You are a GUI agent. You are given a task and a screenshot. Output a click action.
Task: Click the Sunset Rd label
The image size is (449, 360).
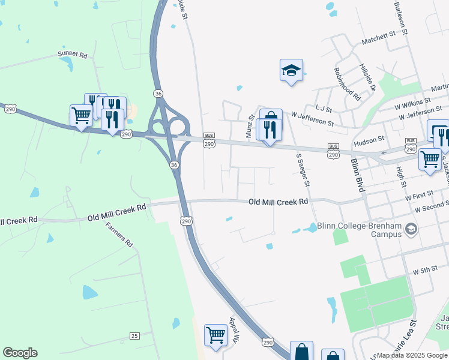[72, 54]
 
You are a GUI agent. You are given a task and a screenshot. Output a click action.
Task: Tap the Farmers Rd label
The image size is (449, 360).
[119, 235]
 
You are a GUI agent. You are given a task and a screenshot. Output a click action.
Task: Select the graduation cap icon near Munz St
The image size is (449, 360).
[291, 71]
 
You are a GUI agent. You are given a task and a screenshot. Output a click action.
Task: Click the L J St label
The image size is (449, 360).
[324, 109]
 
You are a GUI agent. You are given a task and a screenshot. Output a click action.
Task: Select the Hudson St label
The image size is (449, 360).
[369, 139]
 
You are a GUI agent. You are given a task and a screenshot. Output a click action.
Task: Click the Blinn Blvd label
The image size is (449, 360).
[357, 175]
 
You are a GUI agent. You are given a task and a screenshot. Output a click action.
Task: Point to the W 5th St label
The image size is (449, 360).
[426, 271]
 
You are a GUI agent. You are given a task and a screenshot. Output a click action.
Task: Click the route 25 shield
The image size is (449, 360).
[134, 335]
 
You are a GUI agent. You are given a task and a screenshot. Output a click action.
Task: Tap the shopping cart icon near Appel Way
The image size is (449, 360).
[215, 334]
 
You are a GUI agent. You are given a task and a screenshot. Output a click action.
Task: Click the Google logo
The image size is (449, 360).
[20, 353]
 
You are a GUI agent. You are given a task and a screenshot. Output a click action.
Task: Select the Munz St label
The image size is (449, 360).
[250, 127]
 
